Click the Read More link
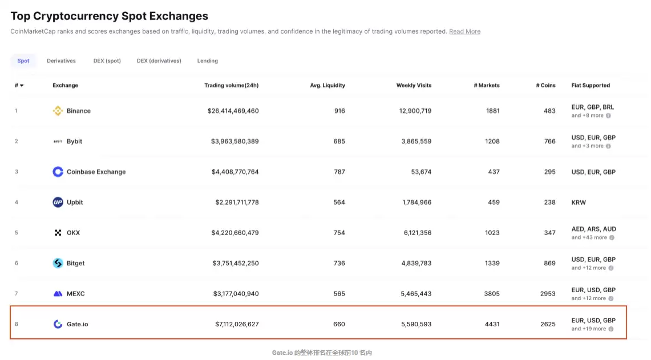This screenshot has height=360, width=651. point(464,31)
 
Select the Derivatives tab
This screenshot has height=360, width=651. point(61,60)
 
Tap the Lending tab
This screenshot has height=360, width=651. point(207,60)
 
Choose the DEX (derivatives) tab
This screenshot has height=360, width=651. point(159,60)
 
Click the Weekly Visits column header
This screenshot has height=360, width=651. point(414,86)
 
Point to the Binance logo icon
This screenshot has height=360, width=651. point(58,111)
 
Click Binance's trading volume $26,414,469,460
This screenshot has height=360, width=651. point(233,111)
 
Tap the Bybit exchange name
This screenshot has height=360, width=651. point(74,141)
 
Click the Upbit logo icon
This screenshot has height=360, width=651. point(58,202)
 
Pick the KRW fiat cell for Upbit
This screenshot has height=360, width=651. point(578,202)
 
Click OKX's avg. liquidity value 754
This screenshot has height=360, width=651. point(339,233)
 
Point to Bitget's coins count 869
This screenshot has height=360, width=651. point(549,263)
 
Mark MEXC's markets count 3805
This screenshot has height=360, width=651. point(491,294)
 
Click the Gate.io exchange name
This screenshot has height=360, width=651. point(77,324)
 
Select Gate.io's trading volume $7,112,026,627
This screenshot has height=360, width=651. point(237,324)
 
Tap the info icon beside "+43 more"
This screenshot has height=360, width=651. point(612,237)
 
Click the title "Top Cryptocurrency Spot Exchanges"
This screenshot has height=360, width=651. point(109,16)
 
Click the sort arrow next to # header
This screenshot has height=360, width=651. point(22,86)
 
